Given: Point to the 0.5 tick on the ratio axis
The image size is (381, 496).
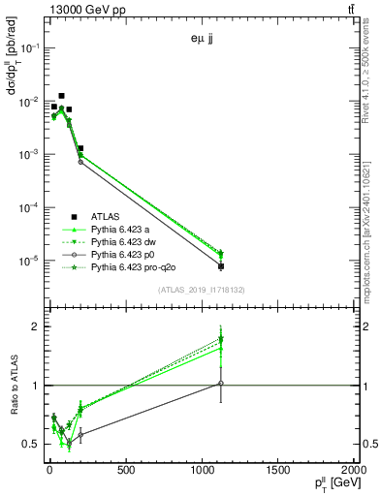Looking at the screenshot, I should pyautogui.click(x=30, y=445).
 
